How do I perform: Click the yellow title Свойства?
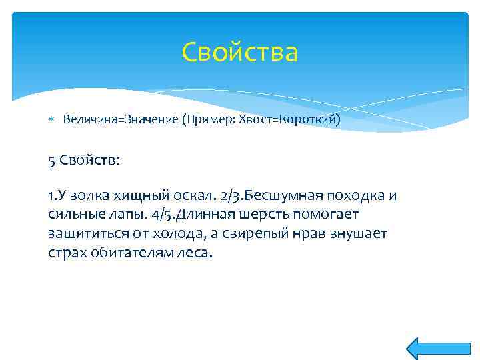pyautogui.click(x=239, y=52)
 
